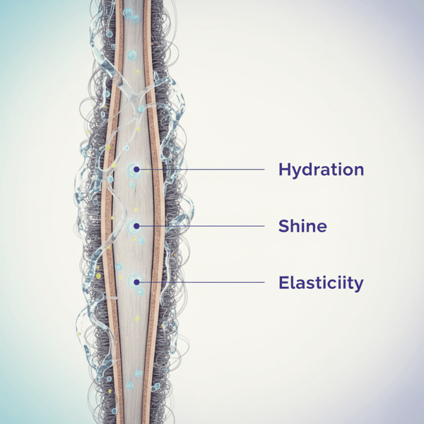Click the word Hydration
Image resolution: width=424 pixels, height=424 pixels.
[321, 170]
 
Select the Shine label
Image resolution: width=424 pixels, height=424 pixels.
[302, 227]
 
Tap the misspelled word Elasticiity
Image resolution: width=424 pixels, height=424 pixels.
[321, 283]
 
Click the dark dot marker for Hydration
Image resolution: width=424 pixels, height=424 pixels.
[136, 170]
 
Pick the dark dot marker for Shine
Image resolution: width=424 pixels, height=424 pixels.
[136, 226]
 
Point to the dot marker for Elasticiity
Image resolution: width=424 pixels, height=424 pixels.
[136, 283]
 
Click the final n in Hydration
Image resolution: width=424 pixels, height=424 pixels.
[358, 171]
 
